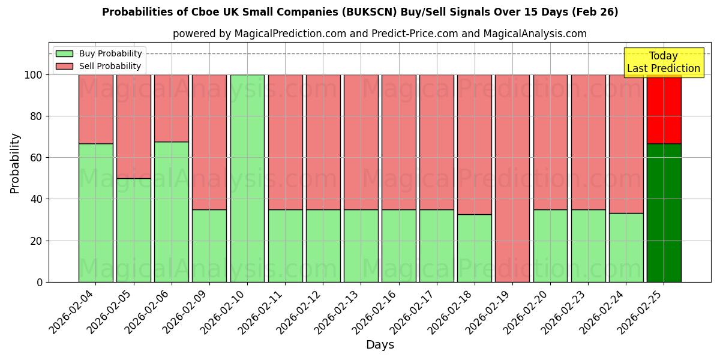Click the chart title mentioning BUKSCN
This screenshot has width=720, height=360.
(x=360, y=12)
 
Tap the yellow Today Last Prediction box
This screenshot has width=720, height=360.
(x=663, y=62)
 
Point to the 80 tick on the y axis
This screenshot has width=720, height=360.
(x=40, y=116)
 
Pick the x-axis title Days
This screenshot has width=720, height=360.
(x=380, y=345)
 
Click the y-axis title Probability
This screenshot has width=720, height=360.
(x=15, y=163)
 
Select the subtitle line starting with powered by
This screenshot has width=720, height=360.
(x=379, y=34)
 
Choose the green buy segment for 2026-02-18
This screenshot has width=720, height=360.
(x=474, y=248)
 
